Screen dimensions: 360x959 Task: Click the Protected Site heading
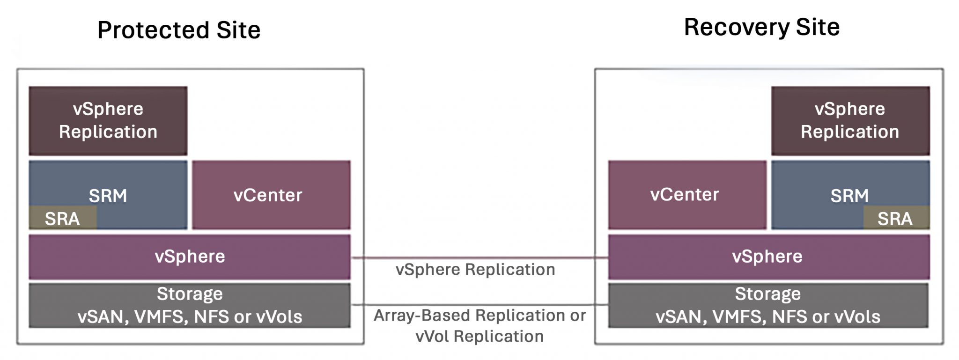pos(178,30)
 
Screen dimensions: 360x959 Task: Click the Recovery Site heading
pos(761,27)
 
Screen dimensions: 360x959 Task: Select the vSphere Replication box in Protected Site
pos(108,120)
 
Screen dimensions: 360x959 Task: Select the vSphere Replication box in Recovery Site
pos(850,120)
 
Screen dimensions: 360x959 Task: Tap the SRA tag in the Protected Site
pos(62,219)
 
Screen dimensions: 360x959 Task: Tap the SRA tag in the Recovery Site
pos(895,219)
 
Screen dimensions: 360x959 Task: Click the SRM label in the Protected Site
pos(108,195)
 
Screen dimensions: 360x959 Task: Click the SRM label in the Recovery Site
pos(849,195)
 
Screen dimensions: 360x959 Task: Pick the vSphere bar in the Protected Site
pos(189,257)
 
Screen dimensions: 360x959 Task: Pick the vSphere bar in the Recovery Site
pos(768,257)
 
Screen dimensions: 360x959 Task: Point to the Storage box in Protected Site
pos(189,305)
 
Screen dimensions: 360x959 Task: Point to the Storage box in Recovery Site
pos(768,305)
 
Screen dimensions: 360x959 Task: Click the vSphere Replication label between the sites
pos(475,270)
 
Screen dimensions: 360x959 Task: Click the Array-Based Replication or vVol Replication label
pos(479,325)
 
